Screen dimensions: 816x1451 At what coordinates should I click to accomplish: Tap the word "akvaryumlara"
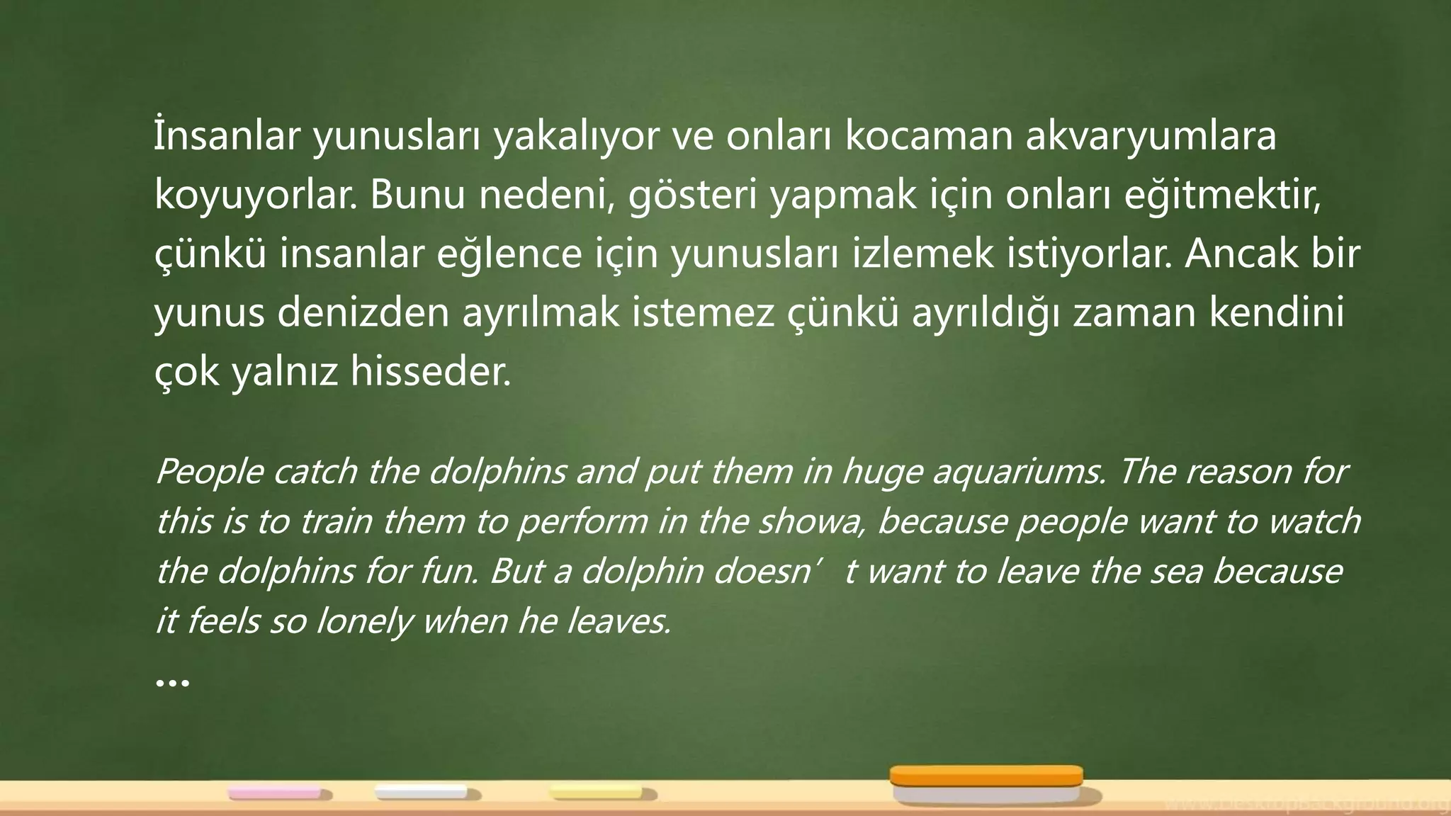tap(1151, 137)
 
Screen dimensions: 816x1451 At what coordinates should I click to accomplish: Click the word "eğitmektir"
tap(1221, 196)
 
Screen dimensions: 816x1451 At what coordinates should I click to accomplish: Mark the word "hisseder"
tap(430, 371)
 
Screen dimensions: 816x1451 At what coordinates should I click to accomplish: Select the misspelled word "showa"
tap(814, 522)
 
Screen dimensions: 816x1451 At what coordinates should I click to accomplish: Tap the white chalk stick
tap(421, 792)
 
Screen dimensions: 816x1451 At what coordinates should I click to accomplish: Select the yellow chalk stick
tap(597, 793)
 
